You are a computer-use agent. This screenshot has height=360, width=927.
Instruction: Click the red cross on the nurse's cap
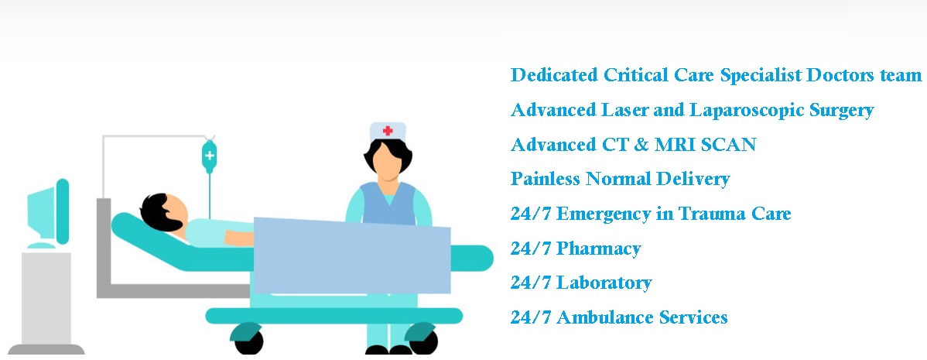388,131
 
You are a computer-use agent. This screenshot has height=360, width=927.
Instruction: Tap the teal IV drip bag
209,156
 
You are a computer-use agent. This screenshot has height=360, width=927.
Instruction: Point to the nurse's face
387,163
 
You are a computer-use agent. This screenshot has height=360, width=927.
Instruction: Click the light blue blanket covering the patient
352,255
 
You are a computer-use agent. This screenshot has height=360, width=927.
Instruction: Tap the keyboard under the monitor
41,245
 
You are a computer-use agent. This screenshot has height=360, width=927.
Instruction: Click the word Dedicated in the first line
555,75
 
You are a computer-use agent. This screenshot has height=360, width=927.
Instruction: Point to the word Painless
546,179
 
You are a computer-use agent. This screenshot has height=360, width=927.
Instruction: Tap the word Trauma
711,214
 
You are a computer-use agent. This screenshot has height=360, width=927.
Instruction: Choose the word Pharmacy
599,249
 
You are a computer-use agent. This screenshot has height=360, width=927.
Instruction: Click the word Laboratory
604,283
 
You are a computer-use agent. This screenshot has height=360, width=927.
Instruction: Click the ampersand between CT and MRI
639,145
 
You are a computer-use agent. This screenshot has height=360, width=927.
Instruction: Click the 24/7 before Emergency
531,214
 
